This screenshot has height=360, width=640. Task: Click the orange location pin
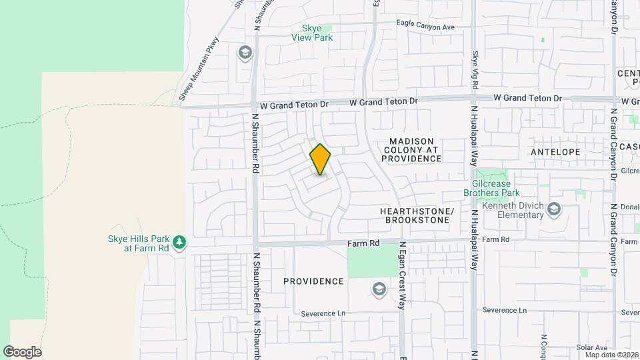320,159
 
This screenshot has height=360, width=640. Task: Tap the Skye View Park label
312,33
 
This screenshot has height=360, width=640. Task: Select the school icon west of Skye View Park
245,52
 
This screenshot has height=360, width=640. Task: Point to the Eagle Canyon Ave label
425,27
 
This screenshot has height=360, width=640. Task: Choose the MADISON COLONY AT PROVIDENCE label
411,151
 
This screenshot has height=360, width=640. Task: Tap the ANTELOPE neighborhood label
555,152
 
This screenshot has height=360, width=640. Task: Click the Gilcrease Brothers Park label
491,188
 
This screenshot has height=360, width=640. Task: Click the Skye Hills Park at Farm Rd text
138,243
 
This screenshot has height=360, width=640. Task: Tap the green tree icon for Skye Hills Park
179,243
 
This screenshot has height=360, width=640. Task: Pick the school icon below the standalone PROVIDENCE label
379,289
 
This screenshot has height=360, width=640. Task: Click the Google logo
22,352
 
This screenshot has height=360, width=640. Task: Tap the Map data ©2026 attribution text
611,355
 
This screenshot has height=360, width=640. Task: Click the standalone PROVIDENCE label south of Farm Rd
313,281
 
